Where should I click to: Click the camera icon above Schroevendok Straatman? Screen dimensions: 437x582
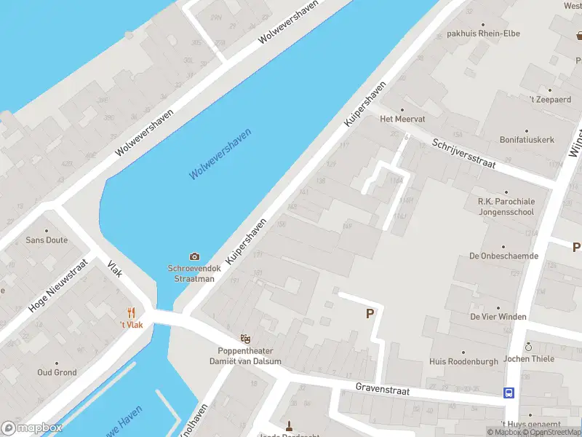[194, 256]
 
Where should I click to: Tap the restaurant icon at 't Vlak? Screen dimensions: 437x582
[132, 312]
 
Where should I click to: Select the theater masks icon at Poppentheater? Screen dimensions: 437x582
[246, 339]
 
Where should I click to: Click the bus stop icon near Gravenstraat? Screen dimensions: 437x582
[509, 393]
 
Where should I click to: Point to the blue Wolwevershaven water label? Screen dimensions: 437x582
[220, 154]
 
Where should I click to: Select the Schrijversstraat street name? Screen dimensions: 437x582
[463, 153]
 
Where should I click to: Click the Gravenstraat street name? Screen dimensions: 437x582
[382, 390]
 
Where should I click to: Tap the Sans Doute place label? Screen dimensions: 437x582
[47, 240]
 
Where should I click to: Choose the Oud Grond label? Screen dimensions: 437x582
[57, 372]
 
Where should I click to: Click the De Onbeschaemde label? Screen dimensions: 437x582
[503, 256]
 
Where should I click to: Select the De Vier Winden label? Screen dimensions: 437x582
[498, 316]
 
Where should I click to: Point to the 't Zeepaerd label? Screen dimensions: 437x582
[550, 99]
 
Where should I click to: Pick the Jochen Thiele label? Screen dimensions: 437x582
[529, 358]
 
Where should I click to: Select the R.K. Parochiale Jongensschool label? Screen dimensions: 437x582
[506, 206]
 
